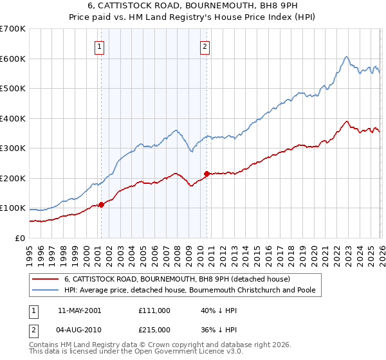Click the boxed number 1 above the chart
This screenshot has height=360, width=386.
[100, 46]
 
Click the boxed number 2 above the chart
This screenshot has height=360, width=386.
[205, 46]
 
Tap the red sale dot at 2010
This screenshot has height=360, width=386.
[207, 174]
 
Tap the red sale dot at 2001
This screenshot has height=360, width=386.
[101, 205]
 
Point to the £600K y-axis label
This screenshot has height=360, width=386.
[13, 59]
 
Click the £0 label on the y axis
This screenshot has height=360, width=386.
[19, 238]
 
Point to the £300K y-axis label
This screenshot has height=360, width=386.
[13, 148]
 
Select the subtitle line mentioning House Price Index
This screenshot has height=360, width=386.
[193, 18]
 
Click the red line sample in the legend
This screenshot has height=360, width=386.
[45, 279]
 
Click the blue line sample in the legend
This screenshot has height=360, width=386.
[45, 291]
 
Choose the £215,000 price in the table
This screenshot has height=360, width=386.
[154, 330]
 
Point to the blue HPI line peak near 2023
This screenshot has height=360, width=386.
[346, 57]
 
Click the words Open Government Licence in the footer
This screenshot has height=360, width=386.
[145, 354]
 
